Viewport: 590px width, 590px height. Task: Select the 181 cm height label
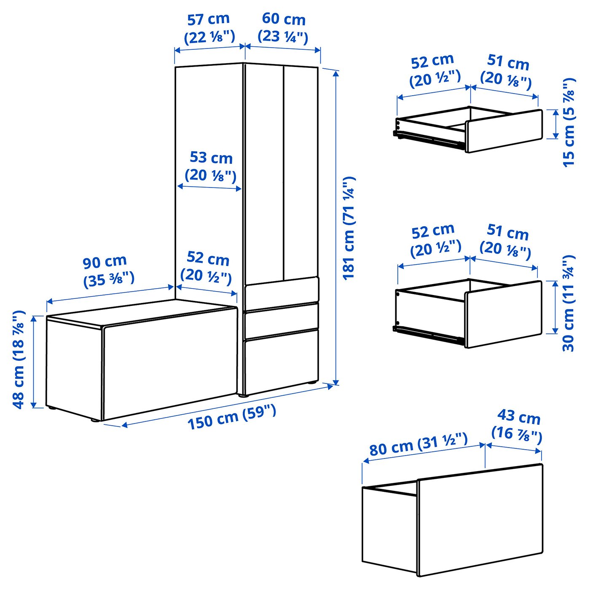coord(349,228)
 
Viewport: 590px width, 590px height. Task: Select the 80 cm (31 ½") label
coord(418,444)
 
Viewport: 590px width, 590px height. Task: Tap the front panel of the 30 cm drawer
coord(504,314)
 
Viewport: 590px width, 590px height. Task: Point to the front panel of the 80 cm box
coord(480,520)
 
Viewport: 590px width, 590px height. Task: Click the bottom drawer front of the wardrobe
coord(281,360)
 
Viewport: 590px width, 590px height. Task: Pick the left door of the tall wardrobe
coord(263,173)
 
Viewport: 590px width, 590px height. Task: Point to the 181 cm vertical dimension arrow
coord(335,228)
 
